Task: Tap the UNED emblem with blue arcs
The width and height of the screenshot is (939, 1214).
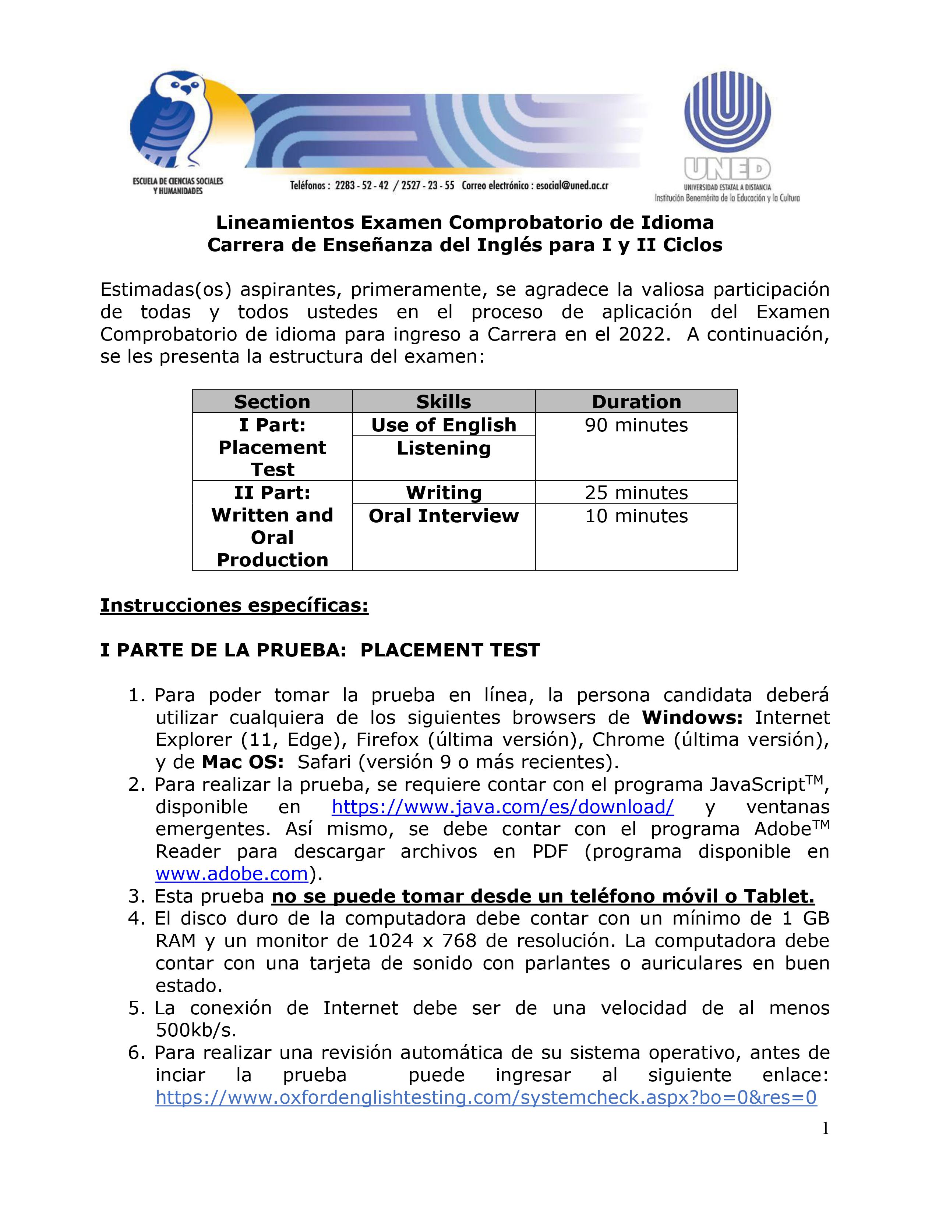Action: coord(727,114)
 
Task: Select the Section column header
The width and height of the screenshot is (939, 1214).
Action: coord(272,401)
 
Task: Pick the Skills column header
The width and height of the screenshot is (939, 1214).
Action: coord(443,401)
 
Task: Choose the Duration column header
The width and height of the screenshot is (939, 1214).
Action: coord(636,401)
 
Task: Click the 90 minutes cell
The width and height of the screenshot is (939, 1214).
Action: coord(636,425)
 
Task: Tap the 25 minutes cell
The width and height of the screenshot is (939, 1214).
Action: coord(636,492)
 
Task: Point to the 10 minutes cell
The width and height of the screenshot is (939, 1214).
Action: coord(636,516)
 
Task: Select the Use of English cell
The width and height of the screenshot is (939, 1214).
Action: coord(443,425)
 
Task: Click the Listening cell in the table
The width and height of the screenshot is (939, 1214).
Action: coord(443,448)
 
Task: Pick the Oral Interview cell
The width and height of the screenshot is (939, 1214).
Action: coord(443,516)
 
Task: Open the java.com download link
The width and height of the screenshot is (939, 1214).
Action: coord(502,807)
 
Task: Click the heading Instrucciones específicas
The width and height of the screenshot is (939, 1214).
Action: coord(234,605)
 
